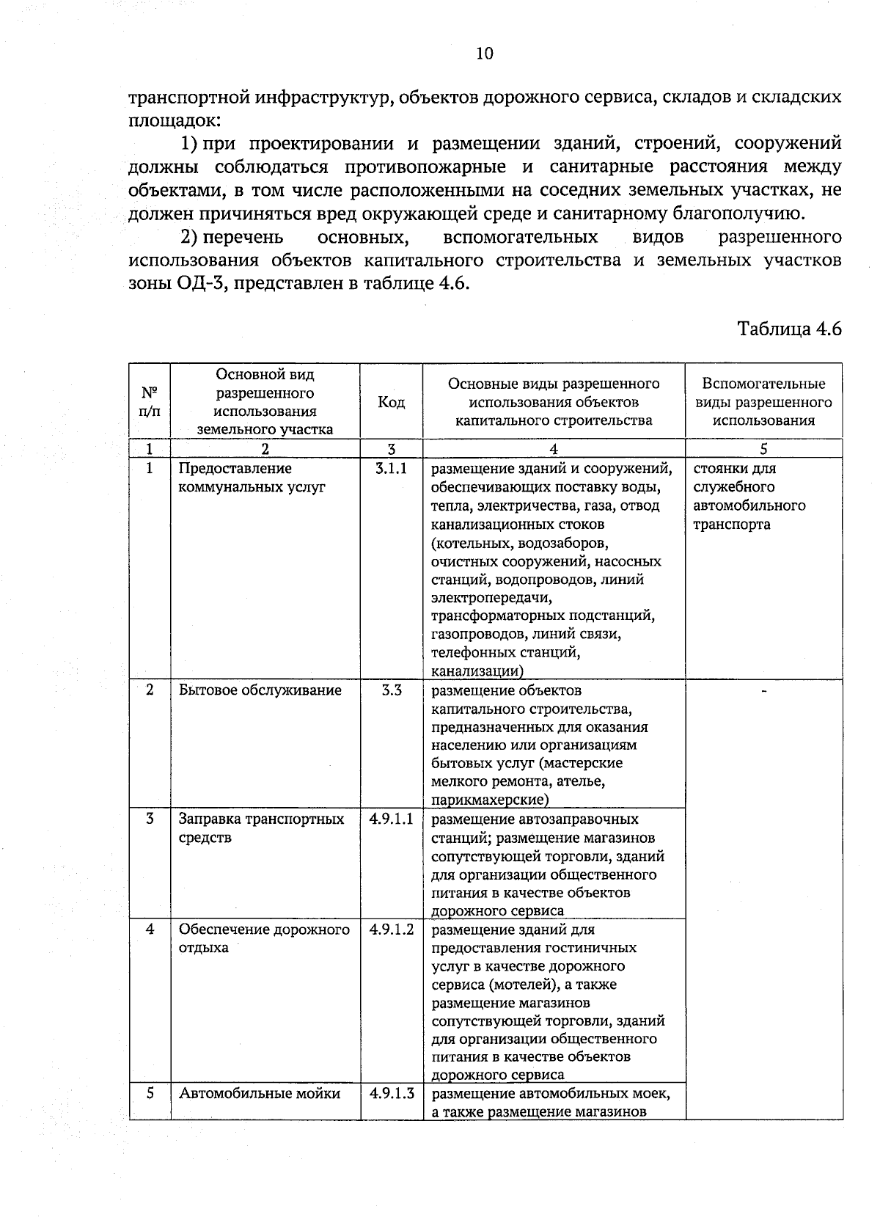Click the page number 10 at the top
(484, 53)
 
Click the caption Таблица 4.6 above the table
(789, 328)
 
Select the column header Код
(391, 402)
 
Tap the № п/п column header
(149, 402)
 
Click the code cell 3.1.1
(391, 468)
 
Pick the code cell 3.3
(392, 690)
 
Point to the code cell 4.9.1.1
(392, 819)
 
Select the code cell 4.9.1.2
(392, 929)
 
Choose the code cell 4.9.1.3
(392, 1093)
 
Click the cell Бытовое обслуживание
(260, 690)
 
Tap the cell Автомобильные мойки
(260, 1093)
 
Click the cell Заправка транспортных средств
(261, 828)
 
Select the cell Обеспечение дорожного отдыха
(264, 938)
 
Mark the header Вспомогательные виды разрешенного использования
(763, 402)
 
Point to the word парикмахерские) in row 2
(490, 800)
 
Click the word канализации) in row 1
(477, 671)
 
